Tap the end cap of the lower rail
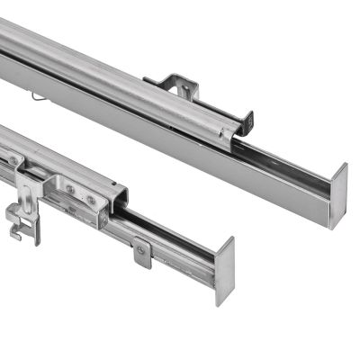(x=224, y=270)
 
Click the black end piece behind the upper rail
(x=247, y=120)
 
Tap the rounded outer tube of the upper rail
(x=108, y=72)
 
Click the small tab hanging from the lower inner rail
(x=143, y=254)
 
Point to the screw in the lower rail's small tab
(x=141, y=251)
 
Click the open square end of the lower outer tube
(x=117, y=203)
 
